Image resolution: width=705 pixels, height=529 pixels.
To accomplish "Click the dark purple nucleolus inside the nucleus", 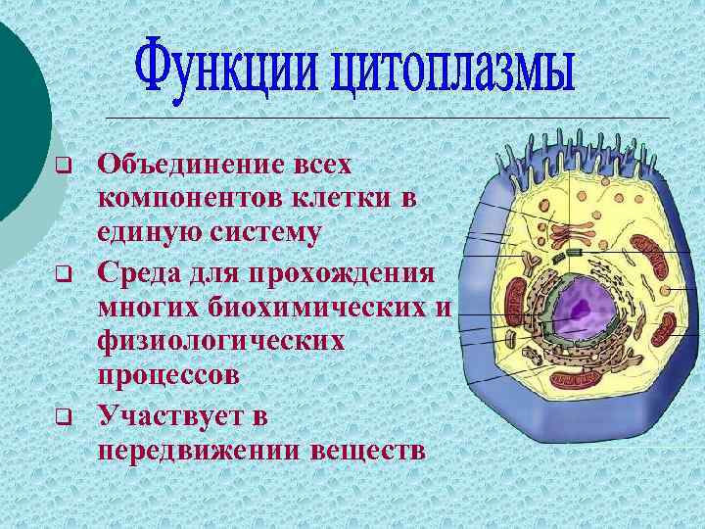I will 580,313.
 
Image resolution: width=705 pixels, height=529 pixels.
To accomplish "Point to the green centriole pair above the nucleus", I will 575,253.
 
